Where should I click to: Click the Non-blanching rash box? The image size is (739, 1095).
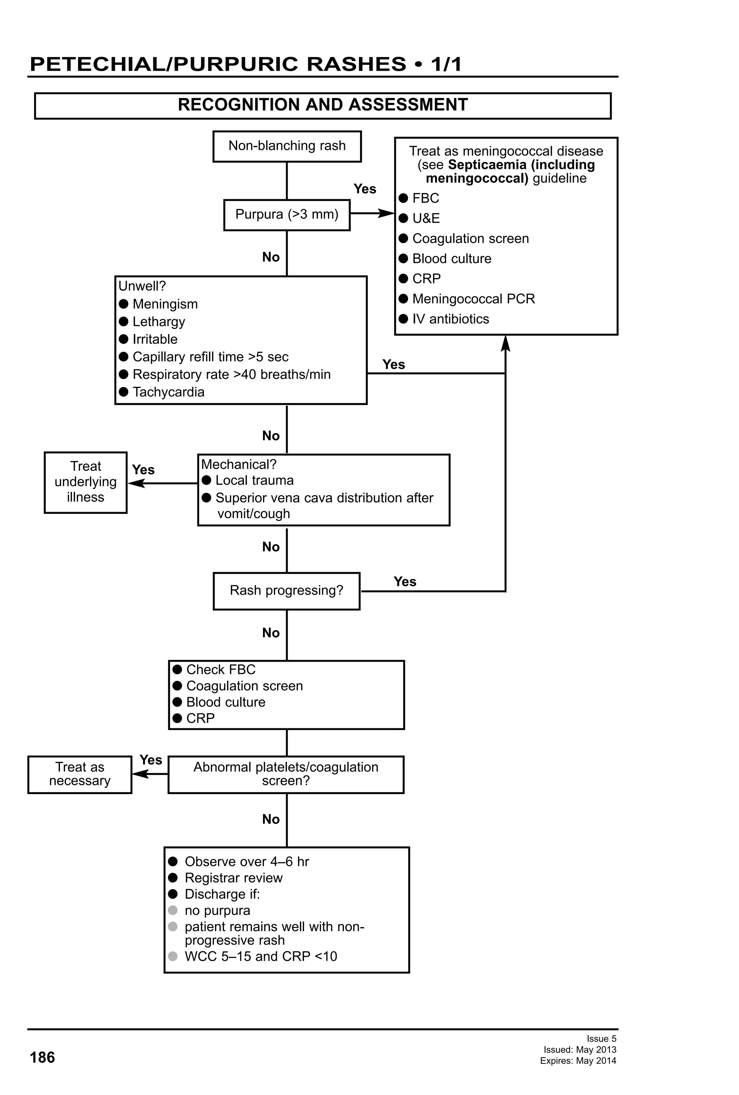click(287, 147)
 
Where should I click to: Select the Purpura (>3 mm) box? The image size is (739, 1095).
click(287, 215)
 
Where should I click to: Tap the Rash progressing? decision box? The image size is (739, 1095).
click(287, 590)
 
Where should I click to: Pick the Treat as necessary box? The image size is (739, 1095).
click(80, 774)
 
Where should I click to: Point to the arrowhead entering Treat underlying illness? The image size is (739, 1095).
click(134, 483)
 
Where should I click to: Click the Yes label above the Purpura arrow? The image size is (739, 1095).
click(364, 189)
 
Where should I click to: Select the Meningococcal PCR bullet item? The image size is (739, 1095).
click(473, 299)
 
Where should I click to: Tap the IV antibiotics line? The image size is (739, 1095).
click(450, 319)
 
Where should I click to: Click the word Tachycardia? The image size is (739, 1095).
click(168, 392)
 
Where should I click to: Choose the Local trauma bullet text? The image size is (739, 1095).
click(254, 480)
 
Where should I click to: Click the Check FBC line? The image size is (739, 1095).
click(220, 669)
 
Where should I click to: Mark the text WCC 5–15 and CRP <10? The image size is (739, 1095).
click(261, 956)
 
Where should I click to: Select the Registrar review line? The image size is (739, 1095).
click(233, 878)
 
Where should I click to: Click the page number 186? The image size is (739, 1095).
click(42, 1057)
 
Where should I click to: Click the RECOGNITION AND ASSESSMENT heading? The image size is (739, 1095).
click(323, 105)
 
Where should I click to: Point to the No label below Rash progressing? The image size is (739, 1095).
click(271, 633)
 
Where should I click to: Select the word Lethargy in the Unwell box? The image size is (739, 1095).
click(159, 322)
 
